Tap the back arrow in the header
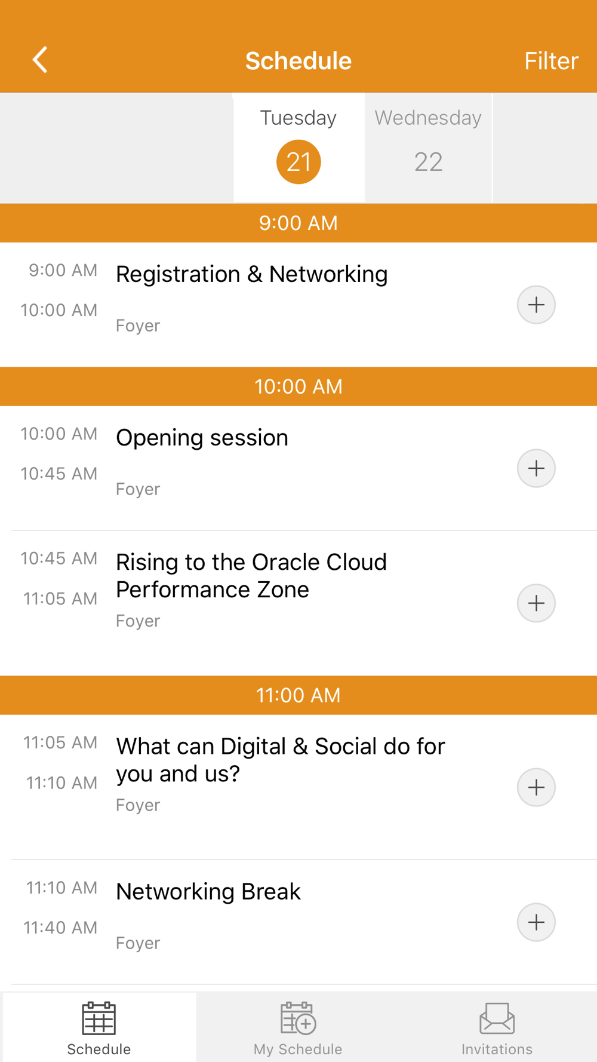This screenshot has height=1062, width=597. coord(40,60)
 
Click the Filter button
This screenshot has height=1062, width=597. coord(551,61)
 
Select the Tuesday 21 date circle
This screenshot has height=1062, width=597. coord(298,162)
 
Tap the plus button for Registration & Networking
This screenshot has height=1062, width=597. coord(536,305)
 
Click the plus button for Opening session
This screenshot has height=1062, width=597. coord(536,468)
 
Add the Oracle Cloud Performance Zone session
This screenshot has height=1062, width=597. coord(536,603)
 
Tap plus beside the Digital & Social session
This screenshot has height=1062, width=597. coord(536,787)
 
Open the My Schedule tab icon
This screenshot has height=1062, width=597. coord(298,1018)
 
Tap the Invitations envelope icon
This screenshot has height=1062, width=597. coord(497,1018)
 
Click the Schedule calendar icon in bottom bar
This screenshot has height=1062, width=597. coord(99,1018)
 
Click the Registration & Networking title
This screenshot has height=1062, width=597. coord(252,274)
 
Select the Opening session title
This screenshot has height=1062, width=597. coord(202,438)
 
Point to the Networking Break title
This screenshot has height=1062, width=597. coord(208,891)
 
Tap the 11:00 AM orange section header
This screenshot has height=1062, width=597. coord(298,695)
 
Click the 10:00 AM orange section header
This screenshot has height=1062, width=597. coord(298,386)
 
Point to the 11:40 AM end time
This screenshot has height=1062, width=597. coord(60,928)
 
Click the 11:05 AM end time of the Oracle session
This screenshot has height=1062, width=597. coord(60,598)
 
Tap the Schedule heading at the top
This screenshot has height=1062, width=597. coord(298,61)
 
